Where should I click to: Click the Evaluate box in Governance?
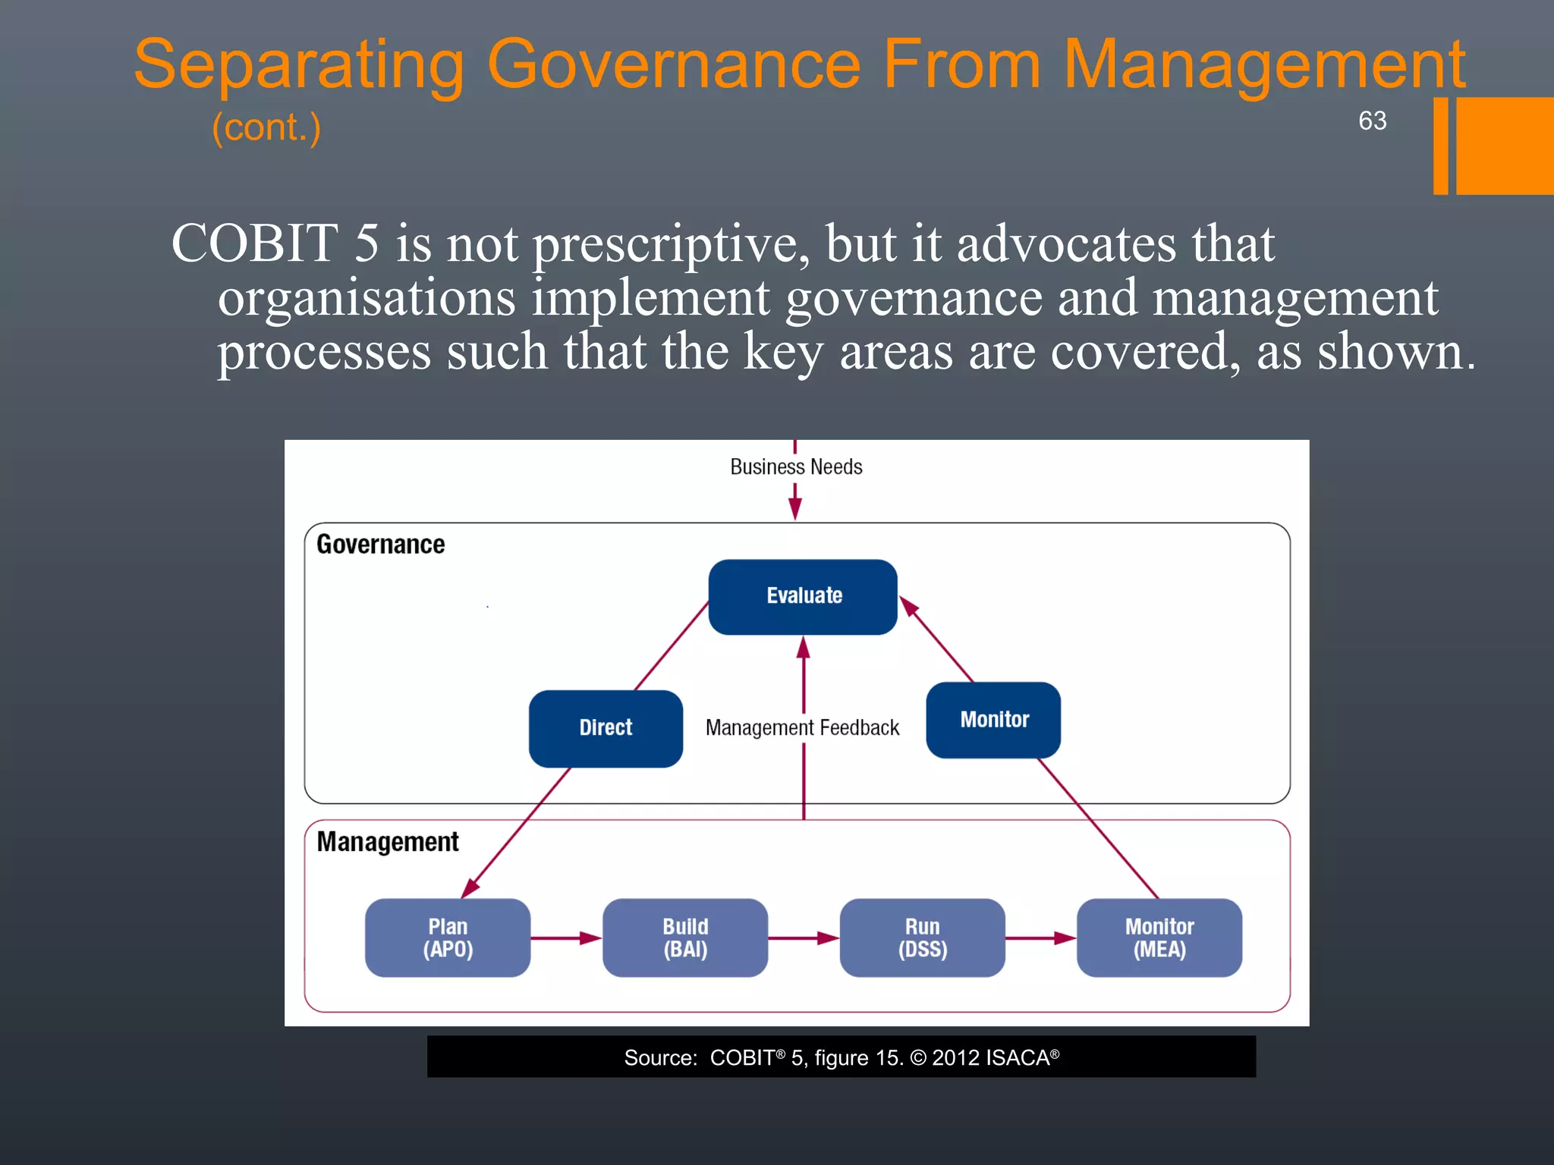click(803, 596)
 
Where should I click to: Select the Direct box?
click(606, 728)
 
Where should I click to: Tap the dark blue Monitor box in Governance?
click(993, 720)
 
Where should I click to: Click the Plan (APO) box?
click(448, 937)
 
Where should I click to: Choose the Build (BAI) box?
click(685, 937)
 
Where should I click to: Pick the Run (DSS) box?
click(922, 937)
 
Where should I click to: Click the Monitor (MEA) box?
click(1159, 937)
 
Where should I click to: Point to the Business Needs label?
click(796, 467)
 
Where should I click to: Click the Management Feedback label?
click(802, 728)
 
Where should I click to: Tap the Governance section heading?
click(380, 545)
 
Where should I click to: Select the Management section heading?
click(388, 842)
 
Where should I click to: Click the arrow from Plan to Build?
click(566, 938)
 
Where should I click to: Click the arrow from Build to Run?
click(804, 938)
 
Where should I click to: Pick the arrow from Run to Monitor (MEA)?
click(1040, 938)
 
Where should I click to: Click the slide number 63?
click(1372, 121)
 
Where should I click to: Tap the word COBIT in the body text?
click(255, 244)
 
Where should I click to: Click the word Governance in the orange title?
click(674, 65)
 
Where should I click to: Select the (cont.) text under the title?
click(266, 127)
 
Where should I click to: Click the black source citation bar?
click(841, 1057)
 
